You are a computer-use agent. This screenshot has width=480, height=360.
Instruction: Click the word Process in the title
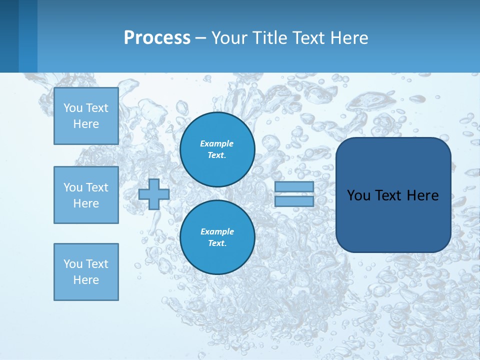tap(157, 38)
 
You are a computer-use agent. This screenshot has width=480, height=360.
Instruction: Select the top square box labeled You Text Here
tap(86, 116)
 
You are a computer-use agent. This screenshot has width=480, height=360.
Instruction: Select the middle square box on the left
tap(86, 195)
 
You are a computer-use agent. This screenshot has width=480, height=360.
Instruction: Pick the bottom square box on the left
tap(86, 272)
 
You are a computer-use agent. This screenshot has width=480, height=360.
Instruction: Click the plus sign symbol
tap(154, 194)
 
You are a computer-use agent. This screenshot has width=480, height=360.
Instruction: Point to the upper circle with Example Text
tap(217, 149)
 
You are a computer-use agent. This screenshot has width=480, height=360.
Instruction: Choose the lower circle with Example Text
tap(217, 237)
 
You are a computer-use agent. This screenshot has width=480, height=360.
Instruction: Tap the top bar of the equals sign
tap(294, 187)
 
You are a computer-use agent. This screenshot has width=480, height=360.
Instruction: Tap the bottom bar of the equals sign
tap(294, 201)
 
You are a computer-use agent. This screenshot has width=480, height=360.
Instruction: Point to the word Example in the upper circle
tap(217, 143)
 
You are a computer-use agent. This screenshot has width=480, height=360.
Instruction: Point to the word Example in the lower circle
tap(217, 231)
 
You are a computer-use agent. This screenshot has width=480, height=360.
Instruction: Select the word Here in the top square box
tap(86, 124)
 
